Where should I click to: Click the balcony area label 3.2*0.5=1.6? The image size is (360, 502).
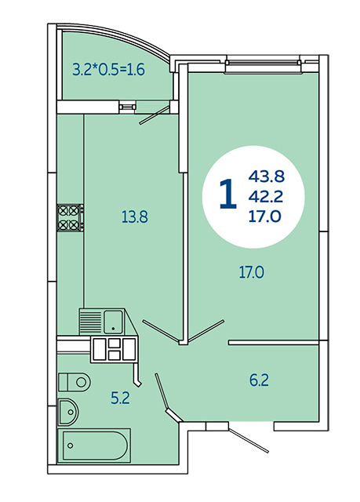108,69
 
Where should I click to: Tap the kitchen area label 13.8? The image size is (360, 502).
135,217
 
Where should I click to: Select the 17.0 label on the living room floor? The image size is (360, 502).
252,273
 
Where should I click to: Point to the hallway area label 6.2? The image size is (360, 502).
259,380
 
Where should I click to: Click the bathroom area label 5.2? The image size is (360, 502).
120,398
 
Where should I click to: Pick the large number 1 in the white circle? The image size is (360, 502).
228,195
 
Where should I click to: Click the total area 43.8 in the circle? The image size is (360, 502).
267,176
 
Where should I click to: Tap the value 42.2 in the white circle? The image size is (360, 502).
266,196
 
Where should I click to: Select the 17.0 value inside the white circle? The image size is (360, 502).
265,216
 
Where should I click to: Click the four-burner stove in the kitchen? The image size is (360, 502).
71,218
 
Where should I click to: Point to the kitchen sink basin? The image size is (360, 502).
113,322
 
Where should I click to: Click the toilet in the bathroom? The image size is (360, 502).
75,382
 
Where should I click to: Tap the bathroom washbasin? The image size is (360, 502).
68,412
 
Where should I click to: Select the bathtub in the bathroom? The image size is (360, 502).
94,446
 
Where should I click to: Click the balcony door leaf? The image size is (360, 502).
154,114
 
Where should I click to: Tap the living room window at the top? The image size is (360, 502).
263,65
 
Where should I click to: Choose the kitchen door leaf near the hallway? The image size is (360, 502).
162,329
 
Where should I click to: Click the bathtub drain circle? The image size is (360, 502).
71,446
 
